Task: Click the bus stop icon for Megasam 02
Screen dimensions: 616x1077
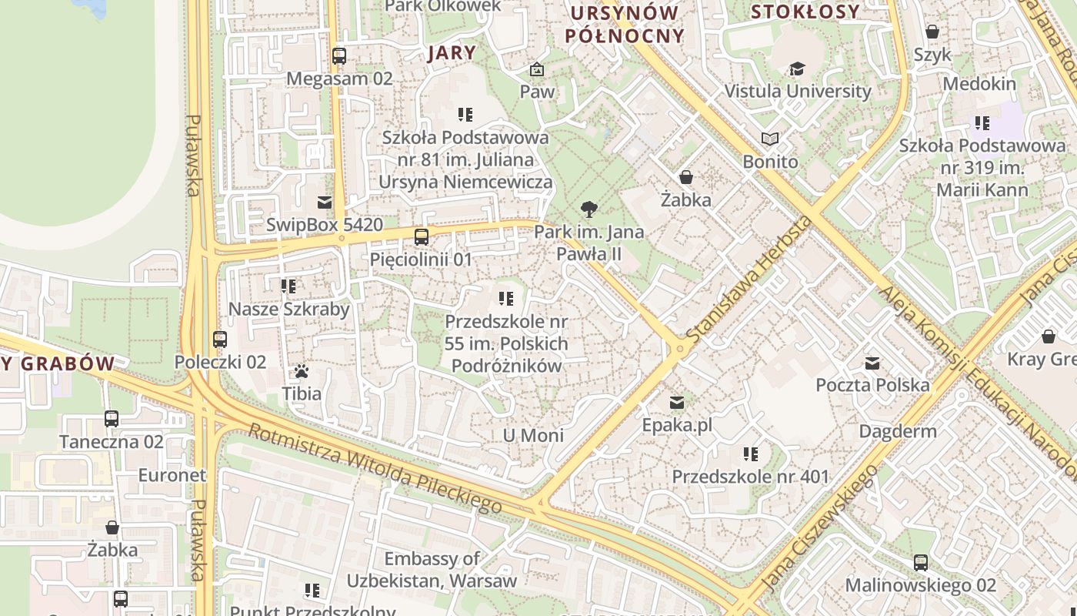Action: tap(339, 56)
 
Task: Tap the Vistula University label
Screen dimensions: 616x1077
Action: tap(798, 91)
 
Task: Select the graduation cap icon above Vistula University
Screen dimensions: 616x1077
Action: tap(797, 69)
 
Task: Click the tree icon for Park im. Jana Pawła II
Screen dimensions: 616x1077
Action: tap(589, 209)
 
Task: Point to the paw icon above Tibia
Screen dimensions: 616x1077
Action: tap(302, 372)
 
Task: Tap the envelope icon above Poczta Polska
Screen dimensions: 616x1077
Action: tap(872, 363)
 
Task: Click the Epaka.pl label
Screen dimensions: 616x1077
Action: tap(677, 425)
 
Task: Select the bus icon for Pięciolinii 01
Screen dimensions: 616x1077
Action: tap(422, 237)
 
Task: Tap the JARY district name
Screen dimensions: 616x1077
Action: tap(452, 52)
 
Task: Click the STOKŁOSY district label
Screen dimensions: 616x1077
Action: tap(805, 12)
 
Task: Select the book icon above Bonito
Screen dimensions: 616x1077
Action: tap(770, 139)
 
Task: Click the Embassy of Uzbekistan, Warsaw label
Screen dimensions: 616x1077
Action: tap(422, 569)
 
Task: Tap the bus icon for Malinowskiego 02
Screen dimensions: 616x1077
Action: tap(921, 563)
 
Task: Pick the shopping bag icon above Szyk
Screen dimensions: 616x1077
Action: tap(932, 32)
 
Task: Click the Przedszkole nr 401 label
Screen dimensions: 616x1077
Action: tap(751, 477)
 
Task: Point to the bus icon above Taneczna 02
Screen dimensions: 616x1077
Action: tap(112, 419)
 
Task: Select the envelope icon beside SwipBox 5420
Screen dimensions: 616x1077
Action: tap(325, 203)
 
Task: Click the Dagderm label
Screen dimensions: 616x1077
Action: tap(898, 431)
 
